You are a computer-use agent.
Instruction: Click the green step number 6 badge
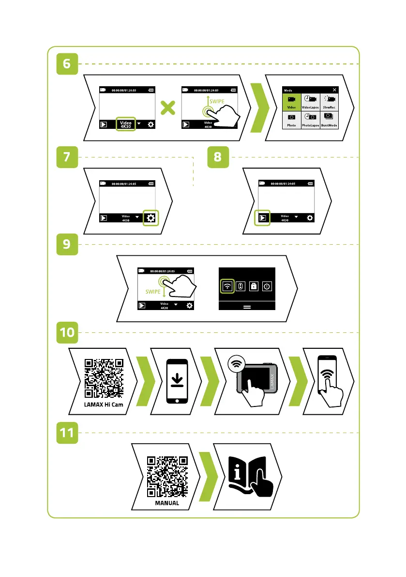[67, 64]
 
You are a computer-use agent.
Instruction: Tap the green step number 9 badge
[67, 245]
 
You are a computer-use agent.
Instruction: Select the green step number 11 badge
[67, 433]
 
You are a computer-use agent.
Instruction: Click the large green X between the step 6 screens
[167, 108]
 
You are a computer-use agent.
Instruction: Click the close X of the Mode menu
[335, 90]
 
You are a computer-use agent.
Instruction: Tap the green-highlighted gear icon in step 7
[151, 218]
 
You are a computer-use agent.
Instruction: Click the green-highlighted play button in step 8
[262, 218]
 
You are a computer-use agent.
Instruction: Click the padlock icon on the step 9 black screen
[253, 286]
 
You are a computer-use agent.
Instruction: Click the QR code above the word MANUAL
[166, 476]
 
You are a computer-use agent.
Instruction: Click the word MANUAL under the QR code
[166, 503]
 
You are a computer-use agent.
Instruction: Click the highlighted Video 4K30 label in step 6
[126, 125]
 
